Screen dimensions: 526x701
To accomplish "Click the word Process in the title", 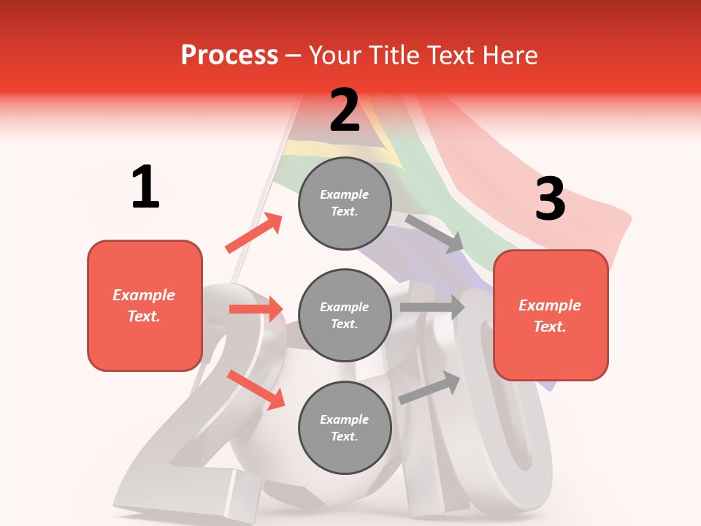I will tap(229, 56).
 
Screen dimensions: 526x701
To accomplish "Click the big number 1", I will tap(145, 187).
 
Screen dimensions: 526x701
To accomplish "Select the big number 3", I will tap(550, 199).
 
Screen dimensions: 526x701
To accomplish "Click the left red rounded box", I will tap(145, 305).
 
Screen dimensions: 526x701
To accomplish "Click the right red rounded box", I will tap(551, 316).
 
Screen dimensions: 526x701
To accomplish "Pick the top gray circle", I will tap(345, 203).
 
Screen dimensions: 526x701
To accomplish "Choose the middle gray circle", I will tap(345, 316).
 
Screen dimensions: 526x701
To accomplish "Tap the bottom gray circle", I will tap(345, 428).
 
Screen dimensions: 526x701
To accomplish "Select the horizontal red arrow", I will tap(256, 309).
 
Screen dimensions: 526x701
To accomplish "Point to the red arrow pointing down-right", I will tap(256, 389).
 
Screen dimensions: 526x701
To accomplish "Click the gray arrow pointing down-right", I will tap(435, 234).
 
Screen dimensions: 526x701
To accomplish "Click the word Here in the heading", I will tap(509, 56).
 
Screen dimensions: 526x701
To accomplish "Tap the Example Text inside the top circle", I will tap(345, 203).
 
